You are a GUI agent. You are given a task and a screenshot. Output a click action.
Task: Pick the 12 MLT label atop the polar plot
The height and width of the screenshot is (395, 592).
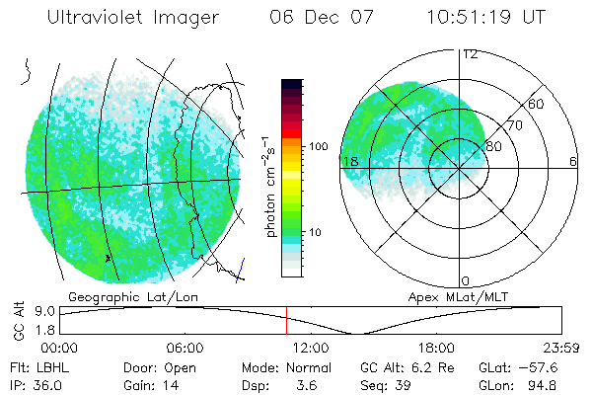pos(470,54)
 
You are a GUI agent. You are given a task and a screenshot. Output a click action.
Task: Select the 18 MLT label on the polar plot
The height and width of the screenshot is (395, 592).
pos(349,161)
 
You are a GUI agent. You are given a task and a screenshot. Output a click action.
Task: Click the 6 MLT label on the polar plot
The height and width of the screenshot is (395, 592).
pos(572,161)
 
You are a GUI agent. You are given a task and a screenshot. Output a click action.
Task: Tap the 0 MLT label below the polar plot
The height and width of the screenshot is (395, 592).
pos(466,281)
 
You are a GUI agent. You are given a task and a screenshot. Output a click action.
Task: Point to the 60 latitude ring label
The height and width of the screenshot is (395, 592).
pos(537,104)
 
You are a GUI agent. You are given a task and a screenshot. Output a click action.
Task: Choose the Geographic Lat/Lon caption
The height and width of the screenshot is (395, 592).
pos(123,296)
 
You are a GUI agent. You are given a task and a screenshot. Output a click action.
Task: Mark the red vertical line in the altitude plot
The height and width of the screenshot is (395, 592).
pos(287,319)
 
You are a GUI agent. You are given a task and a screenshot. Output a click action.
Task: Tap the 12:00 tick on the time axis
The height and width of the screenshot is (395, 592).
pos(311,348)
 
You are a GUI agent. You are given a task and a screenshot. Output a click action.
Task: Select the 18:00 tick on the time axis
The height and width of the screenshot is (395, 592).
pos(436,348)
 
